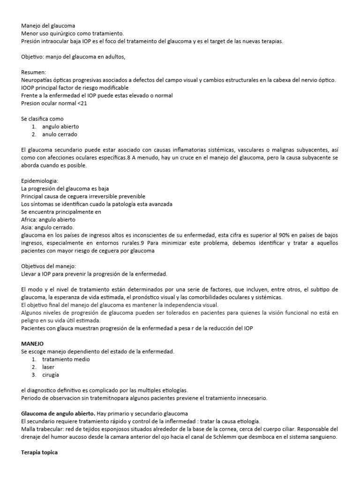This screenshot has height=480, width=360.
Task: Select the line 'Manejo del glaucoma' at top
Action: (48, 26)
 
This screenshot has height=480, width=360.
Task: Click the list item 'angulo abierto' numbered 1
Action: (60, 127)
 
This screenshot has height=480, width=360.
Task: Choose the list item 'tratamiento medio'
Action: (66, 359)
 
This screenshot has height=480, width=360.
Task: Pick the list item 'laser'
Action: (49, 367)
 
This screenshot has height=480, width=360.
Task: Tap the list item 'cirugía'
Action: (51, 375)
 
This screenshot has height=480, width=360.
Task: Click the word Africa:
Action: (31, 219)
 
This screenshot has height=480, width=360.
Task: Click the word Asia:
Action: (28, 227)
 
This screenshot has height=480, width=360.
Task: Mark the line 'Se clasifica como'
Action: (42, 119)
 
